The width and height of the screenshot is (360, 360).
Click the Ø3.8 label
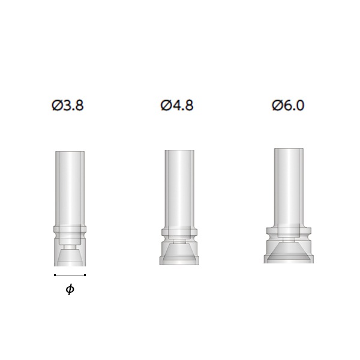pyautogui.click(x=68, y=106)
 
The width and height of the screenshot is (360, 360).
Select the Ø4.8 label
pyautogui.click(x=177, y=106)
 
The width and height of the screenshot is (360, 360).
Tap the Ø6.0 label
pyautogui.click(x=288, y=106)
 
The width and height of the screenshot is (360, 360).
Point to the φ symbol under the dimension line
pyautogui.click(x=70, y=289)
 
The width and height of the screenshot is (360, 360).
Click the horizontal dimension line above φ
pyautogui.click(x=70, y=275)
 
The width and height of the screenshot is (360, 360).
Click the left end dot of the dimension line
pyautogui.click(x=55, y=275)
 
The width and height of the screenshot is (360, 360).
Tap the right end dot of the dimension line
pyautogui.click(x=85, y=275)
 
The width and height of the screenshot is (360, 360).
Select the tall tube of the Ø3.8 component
pyautogui.click(x=70, y=189)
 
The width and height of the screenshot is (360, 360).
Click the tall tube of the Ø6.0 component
pyautogui.click(x=289, y=188)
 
